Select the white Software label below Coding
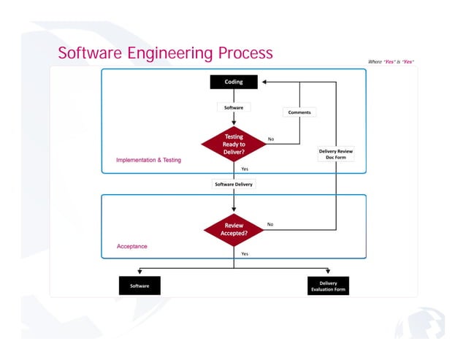click(234, 107)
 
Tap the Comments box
click(299, 112)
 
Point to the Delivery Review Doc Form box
click(335, 154)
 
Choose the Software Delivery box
click(234, 185)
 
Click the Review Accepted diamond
click(234, 229)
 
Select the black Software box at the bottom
click(140, 286)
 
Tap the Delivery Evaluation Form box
click(328, 286)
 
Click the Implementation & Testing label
click(148, 160)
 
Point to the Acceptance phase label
click(132, 246)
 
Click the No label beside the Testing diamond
click(271, 139)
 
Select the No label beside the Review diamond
click(270, 224)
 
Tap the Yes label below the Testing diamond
click(245, 169)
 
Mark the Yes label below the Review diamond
click(245, 253)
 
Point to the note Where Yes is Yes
click(391, 61)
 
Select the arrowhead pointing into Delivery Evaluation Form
click(328, 272)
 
